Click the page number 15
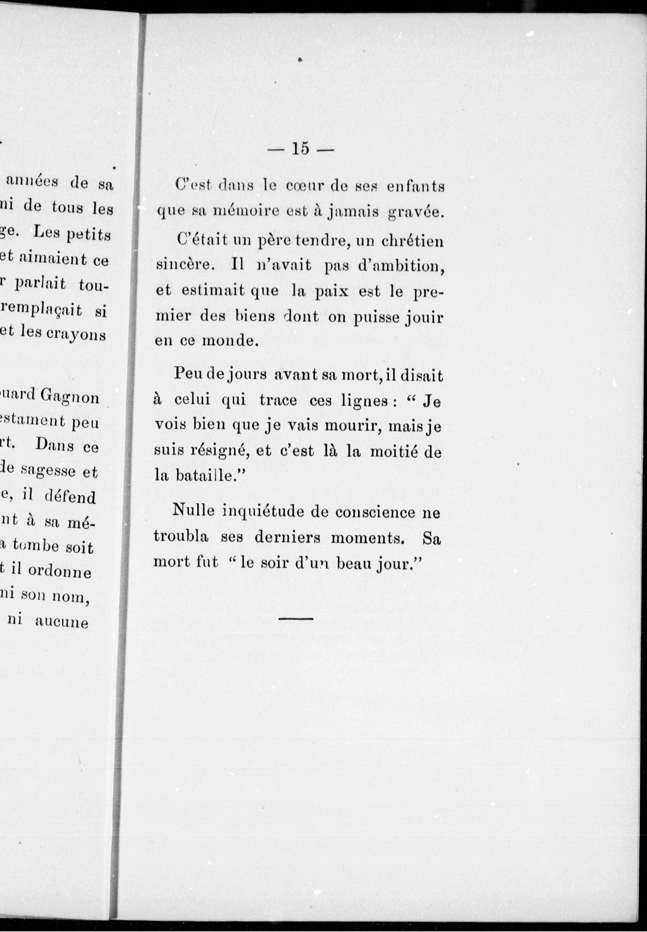pyautogui.click(x=300, y=149)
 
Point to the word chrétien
pyautogui.click(x=412, y=241)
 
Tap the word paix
pyautogui.click(x=332, y=291)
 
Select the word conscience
pyautogui.click(x=375, y=512)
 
